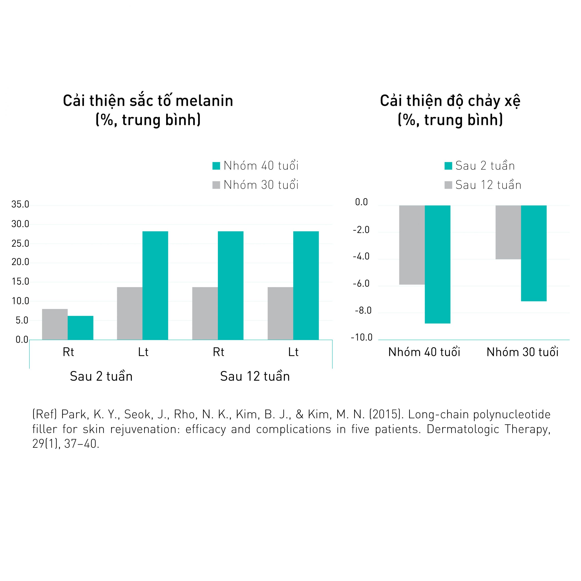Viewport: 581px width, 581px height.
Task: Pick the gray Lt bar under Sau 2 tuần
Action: tap(130, 313)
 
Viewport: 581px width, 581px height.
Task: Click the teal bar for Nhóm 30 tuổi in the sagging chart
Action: tap(534, 253)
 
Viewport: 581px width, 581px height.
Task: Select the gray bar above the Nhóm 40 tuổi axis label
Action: tap(412, 245)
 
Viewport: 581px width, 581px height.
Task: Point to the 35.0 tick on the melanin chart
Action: tap(20, 204)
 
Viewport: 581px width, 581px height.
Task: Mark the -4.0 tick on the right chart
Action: tap(361, 256)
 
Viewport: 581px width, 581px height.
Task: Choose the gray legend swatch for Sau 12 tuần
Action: tap(448, 185)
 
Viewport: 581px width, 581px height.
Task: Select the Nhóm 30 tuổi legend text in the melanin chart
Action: tap(261, 185)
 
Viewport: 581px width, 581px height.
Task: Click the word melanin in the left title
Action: tap(204, 101)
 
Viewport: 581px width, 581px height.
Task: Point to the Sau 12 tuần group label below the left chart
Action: tap(255, 377)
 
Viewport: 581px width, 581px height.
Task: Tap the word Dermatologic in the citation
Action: tap(463, 429)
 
